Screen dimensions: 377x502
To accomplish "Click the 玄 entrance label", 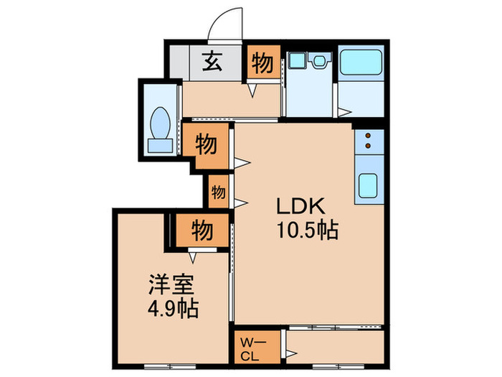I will coord(209,62).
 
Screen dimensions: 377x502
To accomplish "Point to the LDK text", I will coord(302,206).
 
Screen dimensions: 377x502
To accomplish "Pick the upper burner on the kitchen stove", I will coord(369,135).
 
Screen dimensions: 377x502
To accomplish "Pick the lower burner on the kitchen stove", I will coord(369,146).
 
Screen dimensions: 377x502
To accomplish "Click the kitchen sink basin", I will coord(368,187).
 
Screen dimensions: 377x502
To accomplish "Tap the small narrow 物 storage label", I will coord(219,192).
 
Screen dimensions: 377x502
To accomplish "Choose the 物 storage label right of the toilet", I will coord(207,144).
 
